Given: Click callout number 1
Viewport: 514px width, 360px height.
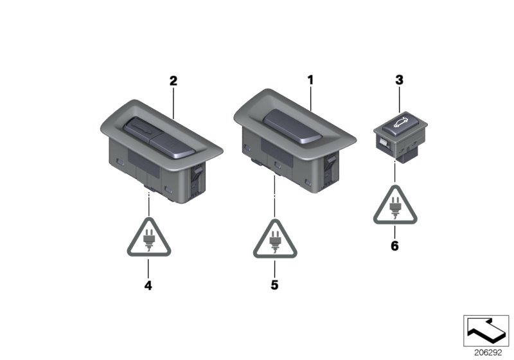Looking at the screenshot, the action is tap(310, 80).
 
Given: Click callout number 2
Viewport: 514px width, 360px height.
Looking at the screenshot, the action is tap(173, 80).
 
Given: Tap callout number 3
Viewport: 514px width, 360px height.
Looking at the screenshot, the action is tap(399, 80).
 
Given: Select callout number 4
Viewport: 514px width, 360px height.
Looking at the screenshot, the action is tap(148, 285).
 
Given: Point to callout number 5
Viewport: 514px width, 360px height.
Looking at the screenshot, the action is tap(274, 285).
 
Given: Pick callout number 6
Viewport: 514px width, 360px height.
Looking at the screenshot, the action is tap(394, 246).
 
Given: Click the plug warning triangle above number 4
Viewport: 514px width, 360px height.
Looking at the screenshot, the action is tap(149, 238).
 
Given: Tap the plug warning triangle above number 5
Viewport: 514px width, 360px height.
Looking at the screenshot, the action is tap(275, 240).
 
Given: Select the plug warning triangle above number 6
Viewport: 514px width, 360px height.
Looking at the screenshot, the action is tap(395, 206).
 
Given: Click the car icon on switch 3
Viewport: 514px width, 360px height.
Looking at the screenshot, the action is tap(401, 122).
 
